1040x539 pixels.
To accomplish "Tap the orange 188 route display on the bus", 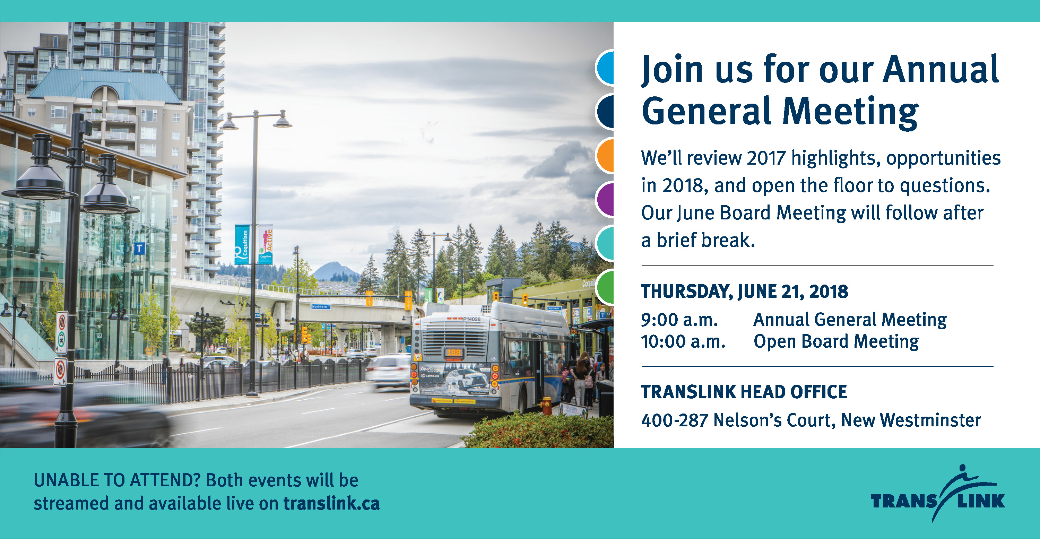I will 453,353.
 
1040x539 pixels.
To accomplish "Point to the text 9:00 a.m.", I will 679,320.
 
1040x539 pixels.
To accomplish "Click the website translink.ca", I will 331,503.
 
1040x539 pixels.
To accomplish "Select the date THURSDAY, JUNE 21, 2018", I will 745,292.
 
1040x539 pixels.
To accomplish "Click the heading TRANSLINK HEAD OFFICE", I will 744,392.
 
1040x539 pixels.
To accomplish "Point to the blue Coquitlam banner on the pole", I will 242,244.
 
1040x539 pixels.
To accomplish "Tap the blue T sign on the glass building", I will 139,248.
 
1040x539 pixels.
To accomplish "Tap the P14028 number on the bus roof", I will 471,319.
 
